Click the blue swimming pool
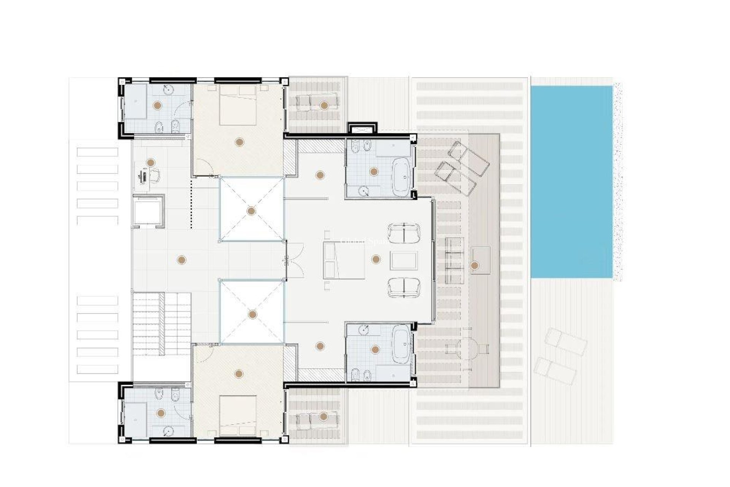pyautogui.click(x=571, y=182)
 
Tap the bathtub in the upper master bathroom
pyautogui.click(x=401, y=176)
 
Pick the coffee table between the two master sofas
pyautogui.click(x=404, y=261)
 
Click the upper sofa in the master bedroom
pyautogui.click(x=404, y=232)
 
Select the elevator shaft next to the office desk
pyautogui.click(x=149, y=211)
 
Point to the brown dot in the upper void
pyautogui.click(x=251, y=211)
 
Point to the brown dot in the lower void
pyautogui.click(x=252, y=314)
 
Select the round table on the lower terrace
pyautogui.click(x=467, y=348)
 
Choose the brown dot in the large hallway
pyautogui.click(x=181, y=260)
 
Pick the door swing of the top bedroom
pyautogui.click(x=205, y=167)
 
